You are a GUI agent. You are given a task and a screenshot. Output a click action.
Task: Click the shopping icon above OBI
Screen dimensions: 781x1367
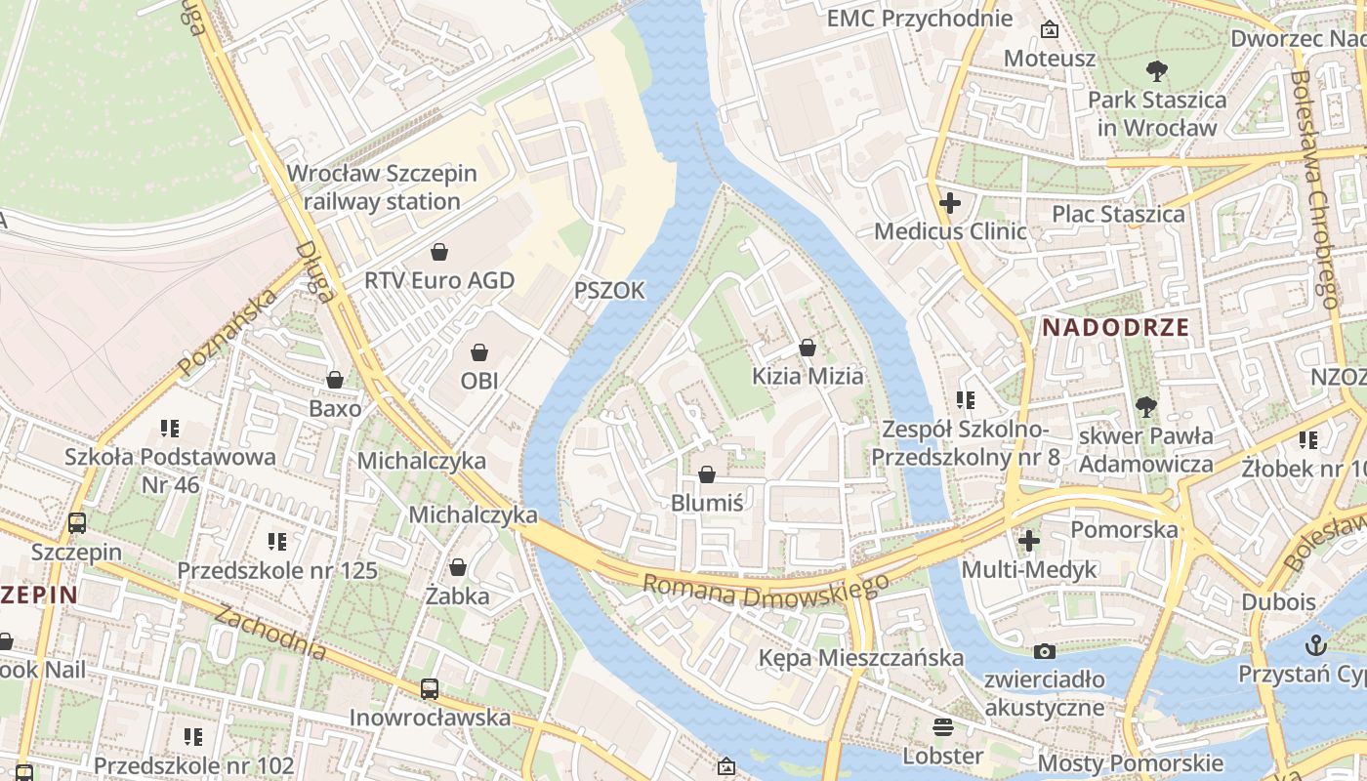(479, 351)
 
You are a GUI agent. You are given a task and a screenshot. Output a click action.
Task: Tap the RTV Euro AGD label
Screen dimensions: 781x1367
(439, 280)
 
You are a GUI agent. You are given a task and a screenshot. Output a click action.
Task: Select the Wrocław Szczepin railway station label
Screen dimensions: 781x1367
(382, 187)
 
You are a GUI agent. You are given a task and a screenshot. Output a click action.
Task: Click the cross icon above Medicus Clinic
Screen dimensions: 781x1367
(950, 203)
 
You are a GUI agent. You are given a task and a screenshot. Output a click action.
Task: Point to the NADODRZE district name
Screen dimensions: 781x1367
(1116, 328)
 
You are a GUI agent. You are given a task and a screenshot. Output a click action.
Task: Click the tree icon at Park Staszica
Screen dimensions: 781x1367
(1157, 70)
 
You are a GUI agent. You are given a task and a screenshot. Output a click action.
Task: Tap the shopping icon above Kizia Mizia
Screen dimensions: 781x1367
(808, 347)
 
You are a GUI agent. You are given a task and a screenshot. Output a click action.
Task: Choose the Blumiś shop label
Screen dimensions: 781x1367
(707, 503)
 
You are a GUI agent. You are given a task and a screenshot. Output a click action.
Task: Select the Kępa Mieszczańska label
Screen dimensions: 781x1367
(861, 658)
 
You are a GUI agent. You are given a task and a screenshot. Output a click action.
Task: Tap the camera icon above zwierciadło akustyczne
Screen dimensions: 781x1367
(1045, 651)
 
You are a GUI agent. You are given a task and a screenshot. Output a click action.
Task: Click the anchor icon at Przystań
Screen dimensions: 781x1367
(1317, 644)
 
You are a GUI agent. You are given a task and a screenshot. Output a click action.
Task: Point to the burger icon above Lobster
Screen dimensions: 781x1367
(942, 726)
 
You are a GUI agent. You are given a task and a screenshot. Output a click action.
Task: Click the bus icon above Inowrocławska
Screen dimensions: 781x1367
(430, 688)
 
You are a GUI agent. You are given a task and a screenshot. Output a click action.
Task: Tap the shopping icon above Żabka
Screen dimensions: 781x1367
(457, 567)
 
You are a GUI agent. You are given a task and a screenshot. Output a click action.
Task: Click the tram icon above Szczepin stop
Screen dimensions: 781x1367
(77, 522)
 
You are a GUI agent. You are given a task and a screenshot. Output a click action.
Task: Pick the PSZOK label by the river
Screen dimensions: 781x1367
(609, 290)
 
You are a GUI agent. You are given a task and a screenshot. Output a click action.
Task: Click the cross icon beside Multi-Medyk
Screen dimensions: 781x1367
(1029, 540)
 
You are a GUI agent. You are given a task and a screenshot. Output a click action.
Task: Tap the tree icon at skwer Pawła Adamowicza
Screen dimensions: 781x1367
(1145, 407)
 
